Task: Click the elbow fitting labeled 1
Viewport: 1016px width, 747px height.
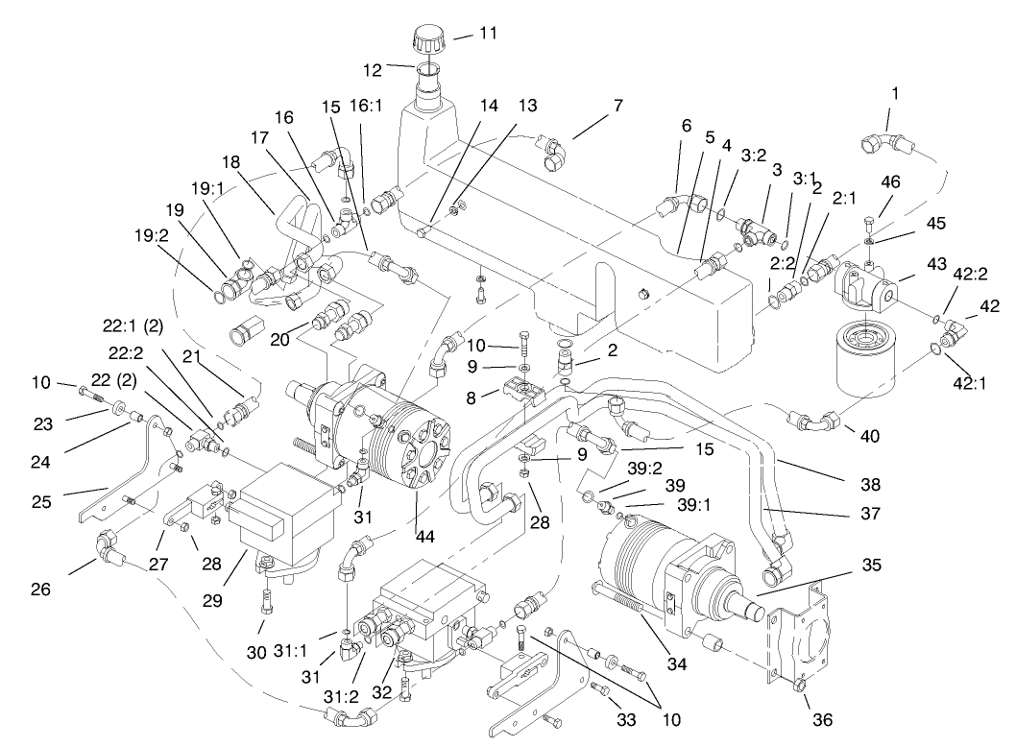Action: [880, 143]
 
